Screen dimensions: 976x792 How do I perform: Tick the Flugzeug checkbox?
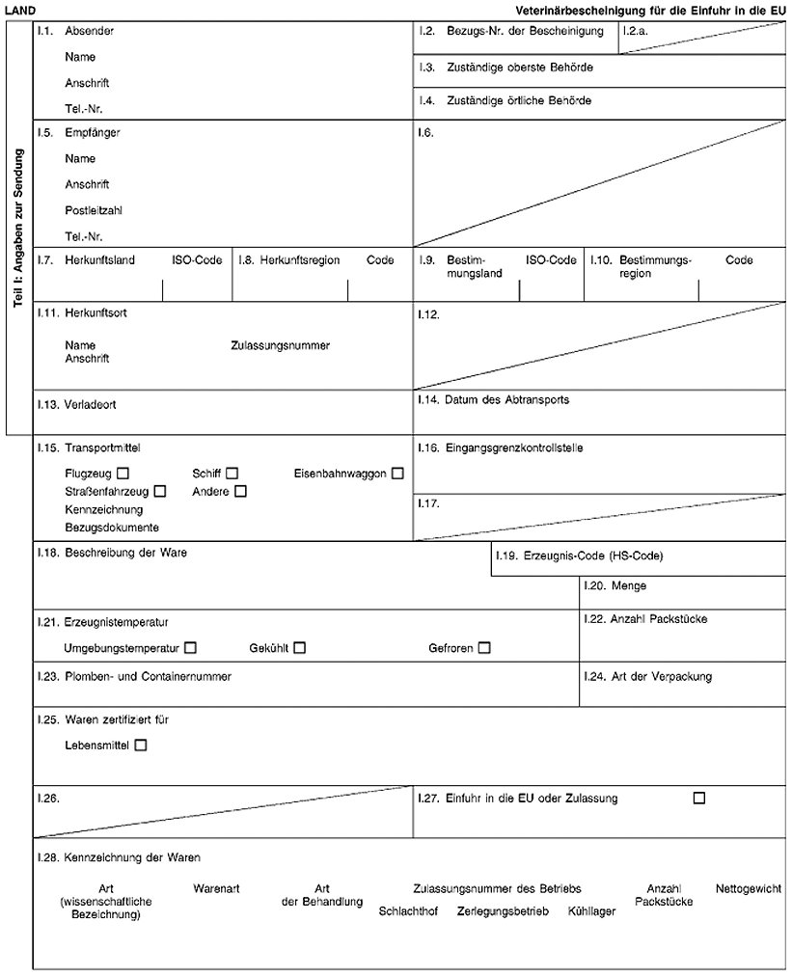(x=123, y=474)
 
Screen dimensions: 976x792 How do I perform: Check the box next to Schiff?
(x=232, y=474)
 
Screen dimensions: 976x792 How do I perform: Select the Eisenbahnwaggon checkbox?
(x=397, y=474)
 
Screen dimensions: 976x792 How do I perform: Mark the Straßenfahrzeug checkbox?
(x=160, y=491)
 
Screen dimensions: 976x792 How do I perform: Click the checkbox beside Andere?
(x=240, y=491)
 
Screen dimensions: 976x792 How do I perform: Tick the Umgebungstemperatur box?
(x=191, y=648)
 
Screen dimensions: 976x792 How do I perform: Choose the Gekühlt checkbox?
(x=300, y=648)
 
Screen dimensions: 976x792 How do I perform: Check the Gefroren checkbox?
(x=484, y=648)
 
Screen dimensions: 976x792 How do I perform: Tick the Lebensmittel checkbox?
(x=142, y=745)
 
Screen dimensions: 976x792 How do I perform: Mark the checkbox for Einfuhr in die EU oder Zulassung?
(x=699, y=798)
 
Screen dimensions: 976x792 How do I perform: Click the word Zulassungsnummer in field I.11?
(x=281, y=345)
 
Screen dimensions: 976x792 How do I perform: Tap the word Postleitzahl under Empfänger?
(x=94, y=210)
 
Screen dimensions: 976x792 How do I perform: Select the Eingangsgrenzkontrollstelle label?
(x=515, y=447)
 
